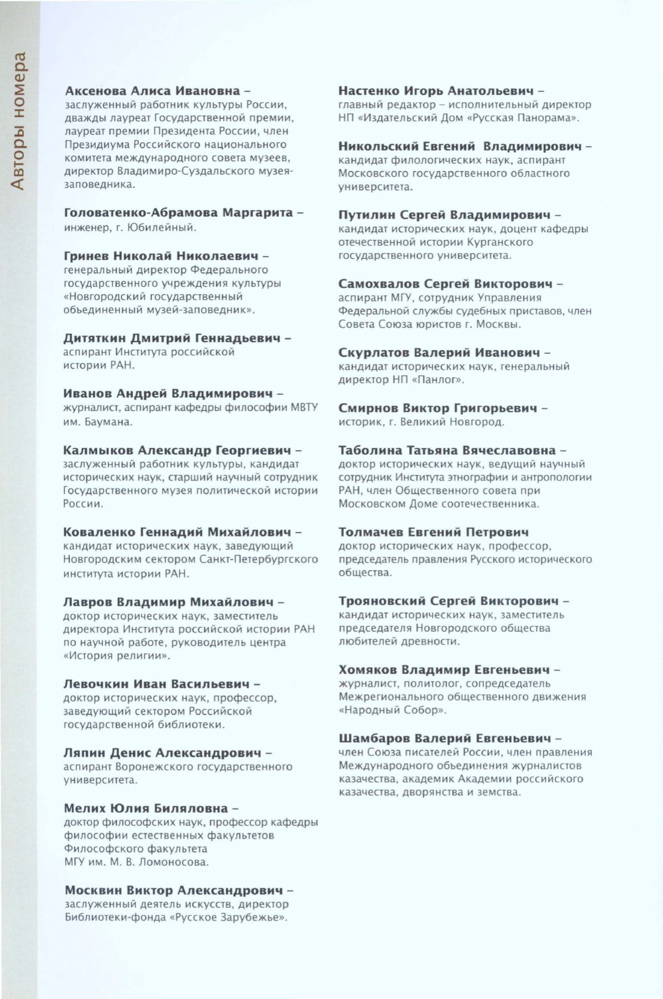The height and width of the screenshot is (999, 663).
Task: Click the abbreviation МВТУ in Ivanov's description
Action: click(x=304, y=408)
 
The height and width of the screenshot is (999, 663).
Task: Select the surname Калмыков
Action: click(x=98, y=450)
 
